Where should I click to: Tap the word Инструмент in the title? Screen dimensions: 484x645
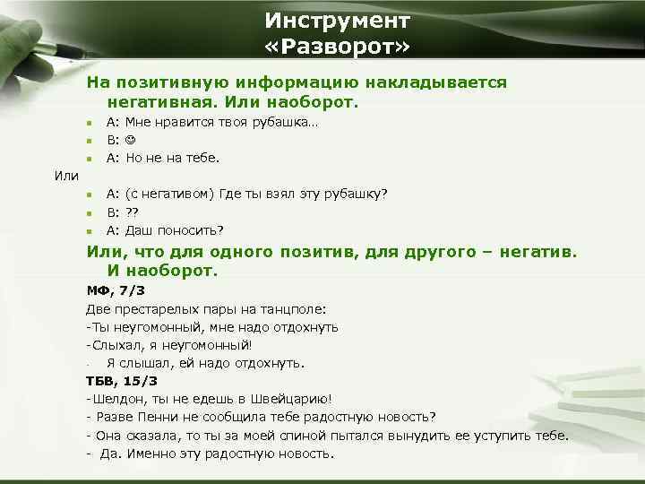coord(338,20)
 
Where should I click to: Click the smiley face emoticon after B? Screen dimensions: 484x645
coord(130,140)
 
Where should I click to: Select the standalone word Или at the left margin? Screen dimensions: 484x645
coord(67,175)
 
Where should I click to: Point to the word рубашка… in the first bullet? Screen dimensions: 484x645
coord(288,122)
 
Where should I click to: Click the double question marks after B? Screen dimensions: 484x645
coord(132,212)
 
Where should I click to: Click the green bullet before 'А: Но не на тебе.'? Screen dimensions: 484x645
coord(90,159)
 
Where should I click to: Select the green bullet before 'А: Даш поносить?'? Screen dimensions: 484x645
coord(90,230)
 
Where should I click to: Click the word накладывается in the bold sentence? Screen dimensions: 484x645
coord(447,82)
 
